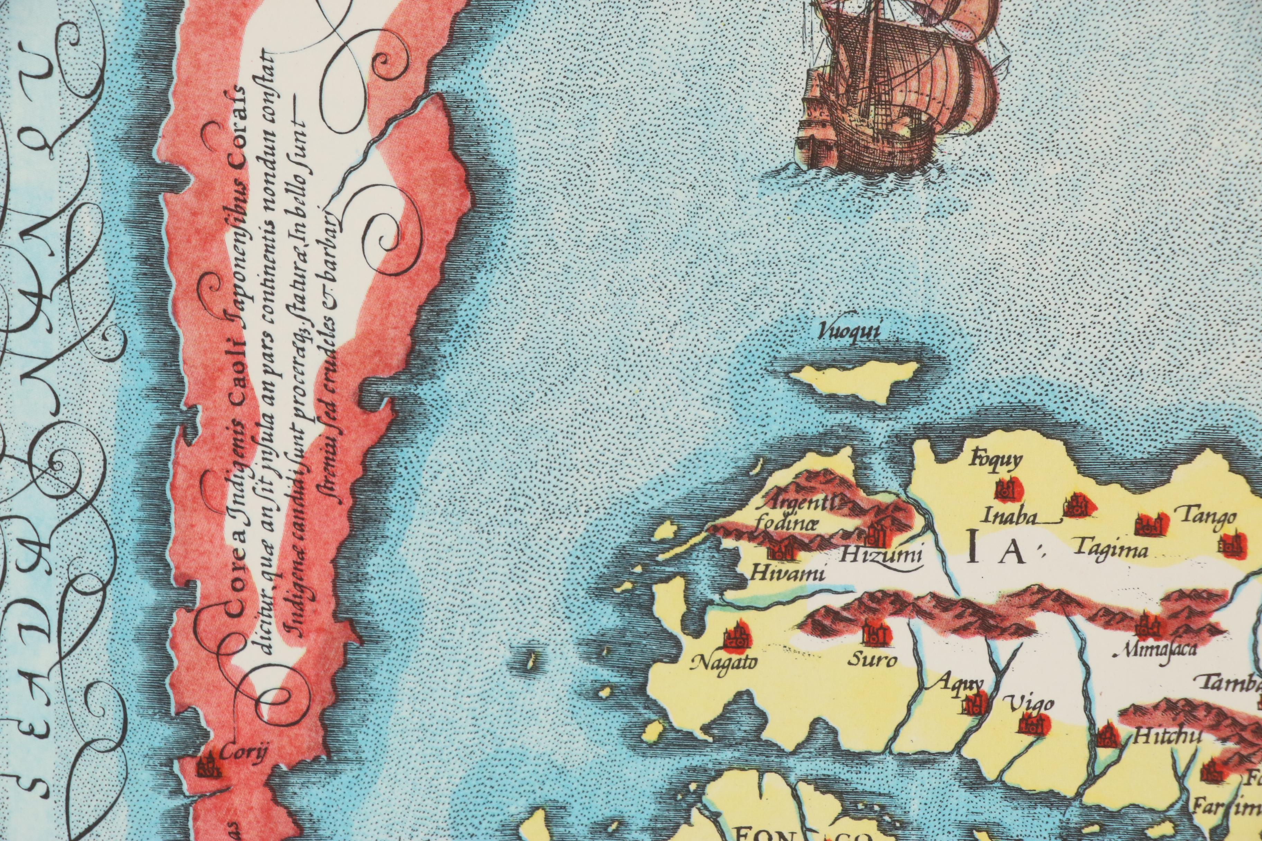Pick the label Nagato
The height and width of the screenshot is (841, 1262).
click(x=725, y=664)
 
